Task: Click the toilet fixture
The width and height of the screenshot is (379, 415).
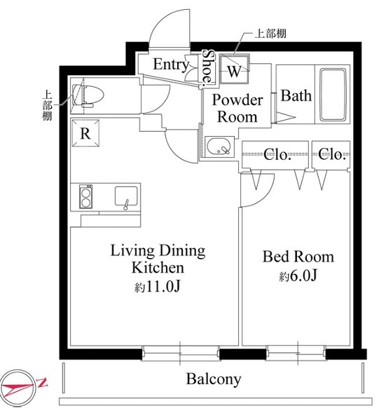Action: click(88, 96)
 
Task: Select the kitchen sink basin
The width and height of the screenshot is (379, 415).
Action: click(126, 196)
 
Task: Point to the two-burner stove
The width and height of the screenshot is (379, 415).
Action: click(85, 196)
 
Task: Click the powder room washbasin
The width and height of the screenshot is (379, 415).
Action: click(219, 147)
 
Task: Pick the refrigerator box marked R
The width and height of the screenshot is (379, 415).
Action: click(85, 133)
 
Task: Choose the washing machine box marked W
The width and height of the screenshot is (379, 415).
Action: click(234, 69)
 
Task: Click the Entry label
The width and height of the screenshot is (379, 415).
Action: click(171, 64)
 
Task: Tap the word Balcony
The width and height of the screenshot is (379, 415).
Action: click(214, 379)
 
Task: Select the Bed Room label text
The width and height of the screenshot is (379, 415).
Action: click(298, 257)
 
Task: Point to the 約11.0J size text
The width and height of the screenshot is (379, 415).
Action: click(158, 287)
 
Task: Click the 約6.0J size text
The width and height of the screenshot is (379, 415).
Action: click(298, 276)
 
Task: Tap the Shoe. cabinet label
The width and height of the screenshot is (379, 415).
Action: click(208, 68)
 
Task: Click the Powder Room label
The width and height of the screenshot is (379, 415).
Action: click(237, 109)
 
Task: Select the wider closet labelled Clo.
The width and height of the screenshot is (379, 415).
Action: click(275, 154)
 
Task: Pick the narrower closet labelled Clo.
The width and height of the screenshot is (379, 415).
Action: click(331, 154)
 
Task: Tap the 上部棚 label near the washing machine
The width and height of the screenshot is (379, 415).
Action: click(270, 34)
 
